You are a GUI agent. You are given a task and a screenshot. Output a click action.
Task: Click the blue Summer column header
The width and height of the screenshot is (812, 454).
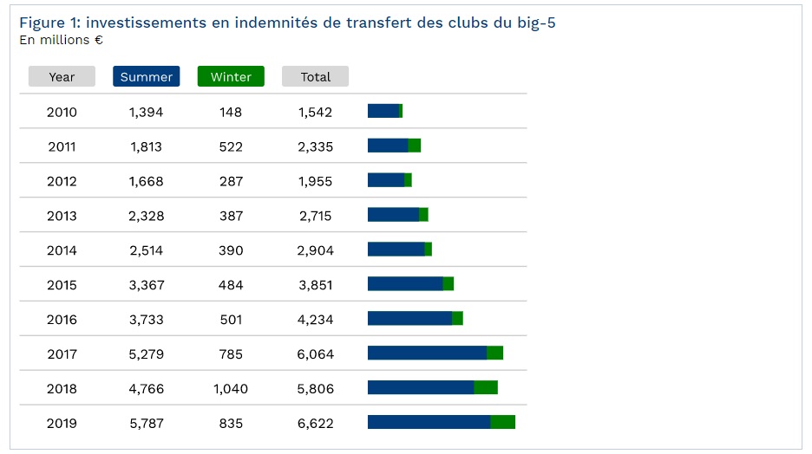point(146,77)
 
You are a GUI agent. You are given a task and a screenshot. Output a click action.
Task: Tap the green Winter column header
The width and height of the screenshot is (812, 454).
point(231,77)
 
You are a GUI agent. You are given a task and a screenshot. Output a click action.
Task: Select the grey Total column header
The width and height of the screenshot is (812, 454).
point(315,77)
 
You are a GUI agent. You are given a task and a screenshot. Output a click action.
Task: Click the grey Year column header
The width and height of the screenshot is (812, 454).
point(62,77)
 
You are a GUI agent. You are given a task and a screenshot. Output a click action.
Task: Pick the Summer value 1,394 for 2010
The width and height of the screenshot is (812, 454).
point(146,112)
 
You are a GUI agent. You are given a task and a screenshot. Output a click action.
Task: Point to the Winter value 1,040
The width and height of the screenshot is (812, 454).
point(231,389)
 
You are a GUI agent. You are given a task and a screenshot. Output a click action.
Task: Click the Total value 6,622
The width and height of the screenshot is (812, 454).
point(315,424)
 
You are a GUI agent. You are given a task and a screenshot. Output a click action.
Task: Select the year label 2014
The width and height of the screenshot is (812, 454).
point(62,250)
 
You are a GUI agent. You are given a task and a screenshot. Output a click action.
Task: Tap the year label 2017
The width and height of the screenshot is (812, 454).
point(62,354)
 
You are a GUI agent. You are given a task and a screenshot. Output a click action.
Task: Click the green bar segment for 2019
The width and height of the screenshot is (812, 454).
point(502,422)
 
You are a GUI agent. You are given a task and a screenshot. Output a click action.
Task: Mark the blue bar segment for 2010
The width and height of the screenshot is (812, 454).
point(383,111)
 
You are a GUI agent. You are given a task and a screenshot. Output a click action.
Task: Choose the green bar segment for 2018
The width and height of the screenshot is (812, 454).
point(485,387)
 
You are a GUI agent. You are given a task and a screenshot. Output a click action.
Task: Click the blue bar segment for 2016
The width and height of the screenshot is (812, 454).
point(409,318)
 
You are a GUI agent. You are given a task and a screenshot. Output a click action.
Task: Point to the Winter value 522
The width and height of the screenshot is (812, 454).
point(231,146)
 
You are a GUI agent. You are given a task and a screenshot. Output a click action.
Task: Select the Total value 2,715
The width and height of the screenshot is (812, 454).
point(315,216)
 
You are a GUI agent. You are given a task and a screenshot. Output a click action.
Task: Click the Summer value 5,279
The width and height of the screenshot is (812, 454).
point(146,354)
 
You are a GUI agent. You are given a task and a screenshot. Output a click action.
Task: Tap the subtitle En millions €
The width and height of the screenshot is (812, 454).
point(61,40)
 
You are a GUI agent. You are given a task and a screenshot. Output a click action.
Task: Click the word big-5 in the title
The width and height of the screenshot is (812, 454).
point(535,23)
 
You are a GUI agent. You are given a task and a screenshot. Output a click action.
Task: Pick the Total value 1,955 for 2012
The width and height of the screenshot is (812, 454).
point(315,181)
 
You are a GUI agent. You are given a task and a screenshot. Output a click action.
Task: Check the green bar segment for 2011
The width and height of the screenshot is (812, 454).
point(414,146)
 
